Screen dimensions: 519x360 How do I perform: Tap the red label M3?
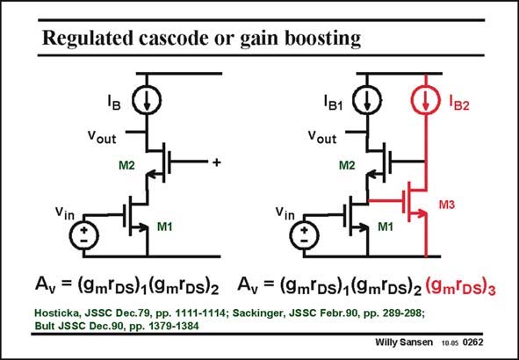[x=447, y=205]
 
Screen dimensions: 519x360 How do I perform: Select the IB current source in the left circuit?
[x=147, y=99]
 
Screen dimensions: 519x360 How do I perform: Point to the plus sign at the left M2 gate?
[x=217, y=162]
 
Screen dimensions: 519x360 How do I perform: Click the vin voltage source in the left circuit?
[x=83, y=235]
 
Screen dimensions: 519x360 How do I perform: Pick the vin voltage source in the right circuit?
[x=304, y=235]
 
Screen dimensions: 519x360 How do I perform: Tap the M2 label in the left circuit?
[x=126, y=165]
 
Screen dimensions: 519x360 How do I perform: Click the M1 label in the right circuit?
[x=386, y=227]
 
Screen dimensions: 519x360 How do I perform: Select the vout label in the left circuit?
[x=102, y=136]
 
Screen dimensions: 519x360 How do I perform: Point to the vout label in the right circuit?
[x=322, y=136]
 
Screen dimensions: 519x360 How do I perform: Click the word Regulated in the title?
[x=88, y=39]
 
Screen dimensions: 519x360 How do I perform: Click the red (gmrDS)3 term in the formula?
[x=460, y=287]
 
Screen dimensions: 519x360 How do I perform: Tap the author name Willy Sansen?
[x=404, y=342]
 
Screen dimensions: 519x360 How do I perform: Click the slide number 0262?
[x=473, y=342]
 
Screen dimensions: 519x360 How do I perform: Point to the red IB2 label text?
[x=459, y=104]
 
